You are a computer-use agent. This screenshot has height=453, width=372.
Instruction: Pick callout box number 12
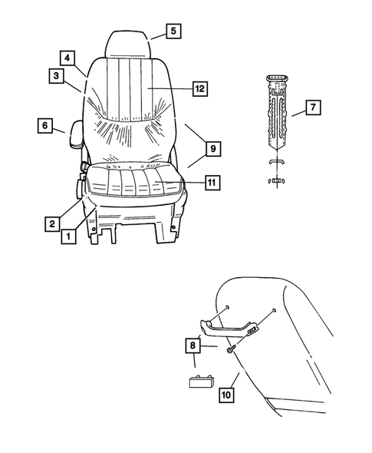point(199,88)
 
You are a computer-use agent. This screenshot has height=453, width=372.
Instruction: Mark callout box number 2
point(51,223)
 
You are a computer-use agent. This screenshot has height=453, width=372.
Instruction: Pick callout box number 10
point(226,395)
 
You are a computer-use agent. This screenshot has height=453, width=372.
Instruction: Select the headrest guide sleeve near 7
point(275,112)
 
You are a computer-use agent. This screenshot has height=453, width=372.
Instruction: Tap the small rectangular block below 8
point(201,381)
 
